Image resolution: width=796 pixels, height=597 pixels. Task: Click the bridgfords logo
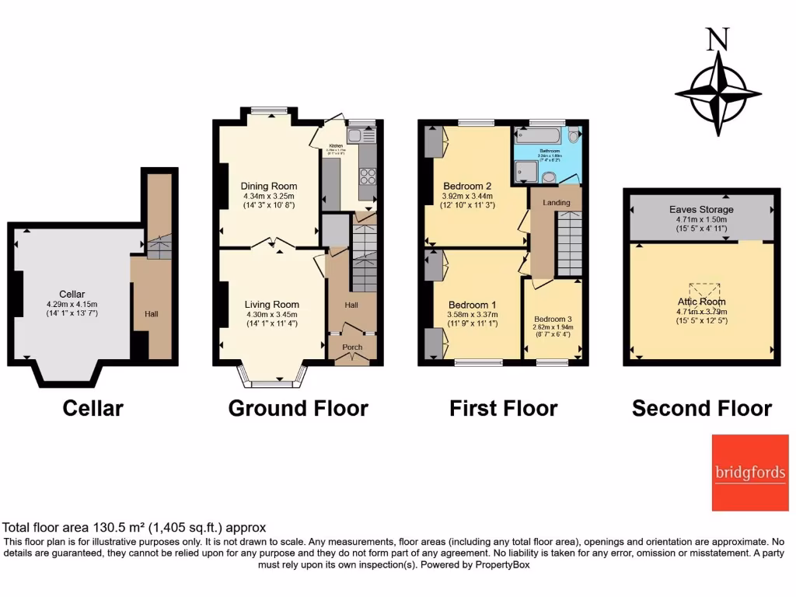point(750,473)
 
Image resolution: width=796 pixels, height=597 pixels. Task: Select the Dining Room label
point(268,187)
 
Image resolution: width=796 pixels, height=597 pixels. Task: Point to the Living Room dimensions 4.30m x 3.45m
point(271,314)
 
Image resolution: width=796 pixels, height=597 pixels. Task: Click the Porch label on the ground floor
point(353,347)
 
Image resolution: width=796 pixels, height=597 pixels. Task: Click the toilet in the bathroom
point(574,137)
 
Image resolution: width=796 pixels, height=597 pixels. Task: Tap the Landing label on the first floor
point(556,203)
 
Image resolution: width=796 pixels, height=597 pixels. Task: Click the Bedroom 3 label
point(553,319)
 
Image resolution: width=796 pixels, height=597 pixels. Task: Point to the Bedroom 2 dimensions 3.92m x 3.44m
point(469,196)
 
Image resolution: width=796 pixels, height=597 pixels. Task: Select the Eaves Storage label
point(701,210)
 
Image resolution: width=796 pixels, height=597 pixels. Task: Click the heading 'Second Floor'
point(701,408)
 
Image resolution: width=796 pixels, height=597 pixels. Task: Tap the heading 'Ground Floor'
point(298,408)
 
